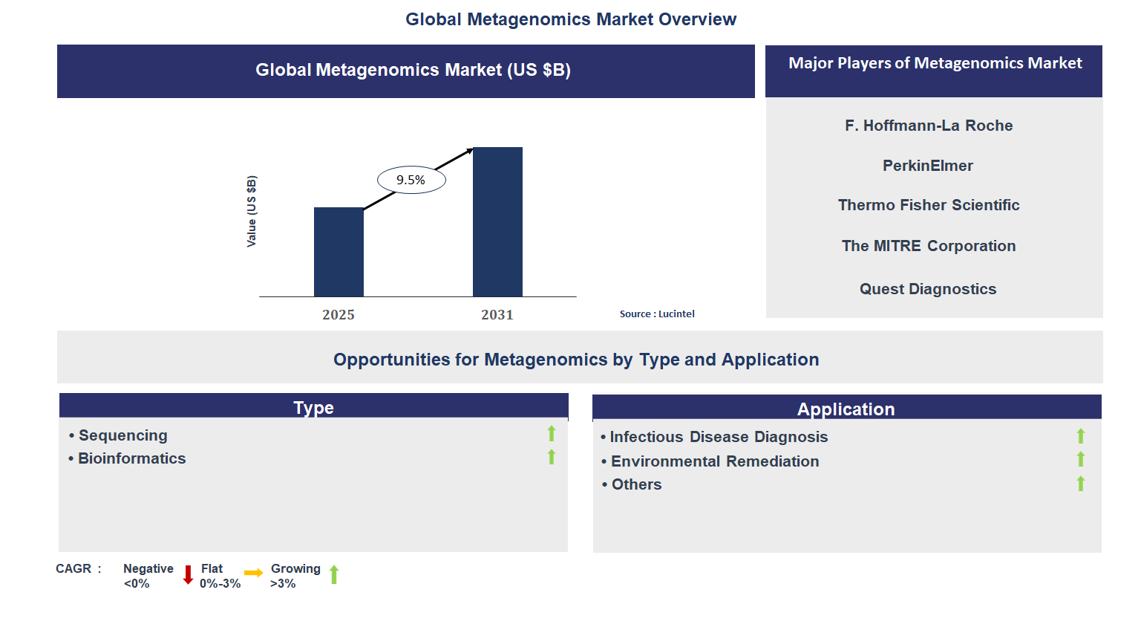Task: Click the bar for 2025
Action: pos(339,252)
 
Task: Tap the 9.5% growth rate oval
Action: pos(411,180)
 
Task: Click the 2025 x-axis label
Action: pos(339,315)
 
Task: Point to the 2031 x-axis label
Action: pos(497,315)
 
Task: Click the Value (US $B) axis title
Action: pos(252,212)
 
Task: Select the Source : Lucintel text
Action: pos(657,314)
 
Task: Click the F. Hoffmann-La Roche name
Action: pos(929,126)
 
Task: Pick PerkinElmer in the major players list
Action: pos(928,166)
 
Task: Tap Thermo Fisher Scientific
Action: pos(929,205)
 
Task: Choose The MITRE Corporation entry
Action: pos(929,246)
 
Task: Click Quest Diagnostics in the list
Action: pos(928,289)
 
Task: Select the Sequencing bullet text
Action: pos(122,435)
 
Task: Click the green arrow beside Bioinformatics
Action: pos(552,457)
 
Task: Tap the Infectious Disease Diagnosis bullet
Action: pos(718,437)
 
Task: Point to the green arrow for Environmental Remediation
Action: pos(1081,460)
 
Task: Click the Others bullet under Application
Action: pos(636,484)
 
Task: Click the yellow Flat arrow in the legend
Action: pos(254,573)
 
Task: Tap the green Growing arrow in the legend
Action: pos(334,574)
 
